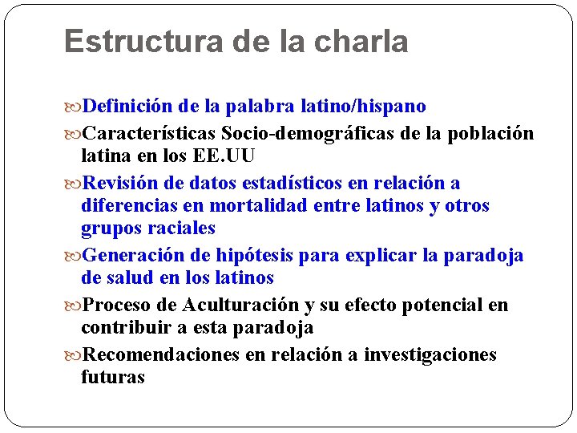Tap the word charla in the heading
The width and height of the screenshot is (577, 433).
coord(365,42)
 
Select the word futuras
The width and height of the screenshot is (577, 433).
coord(113,378)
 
